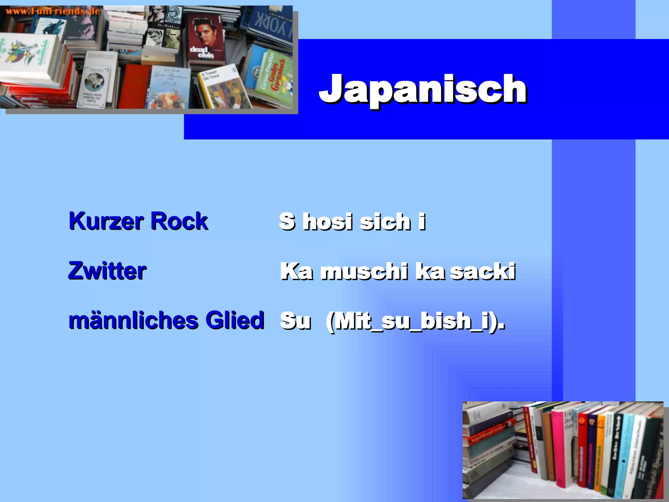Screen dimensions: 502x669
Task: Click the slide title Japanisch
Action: [422, 89]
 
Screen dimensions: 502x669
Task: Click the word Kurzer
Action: [106, 221]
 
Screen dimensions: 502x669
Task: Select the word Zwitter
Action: [107, 271]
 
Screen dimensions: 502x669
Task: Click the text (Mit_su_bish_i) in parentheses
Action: [415, 321]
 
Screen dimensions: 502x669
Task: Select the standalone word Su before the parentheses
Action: [295, 321]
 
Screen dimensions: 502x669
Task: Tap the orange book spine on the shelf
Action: [599, 454]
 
